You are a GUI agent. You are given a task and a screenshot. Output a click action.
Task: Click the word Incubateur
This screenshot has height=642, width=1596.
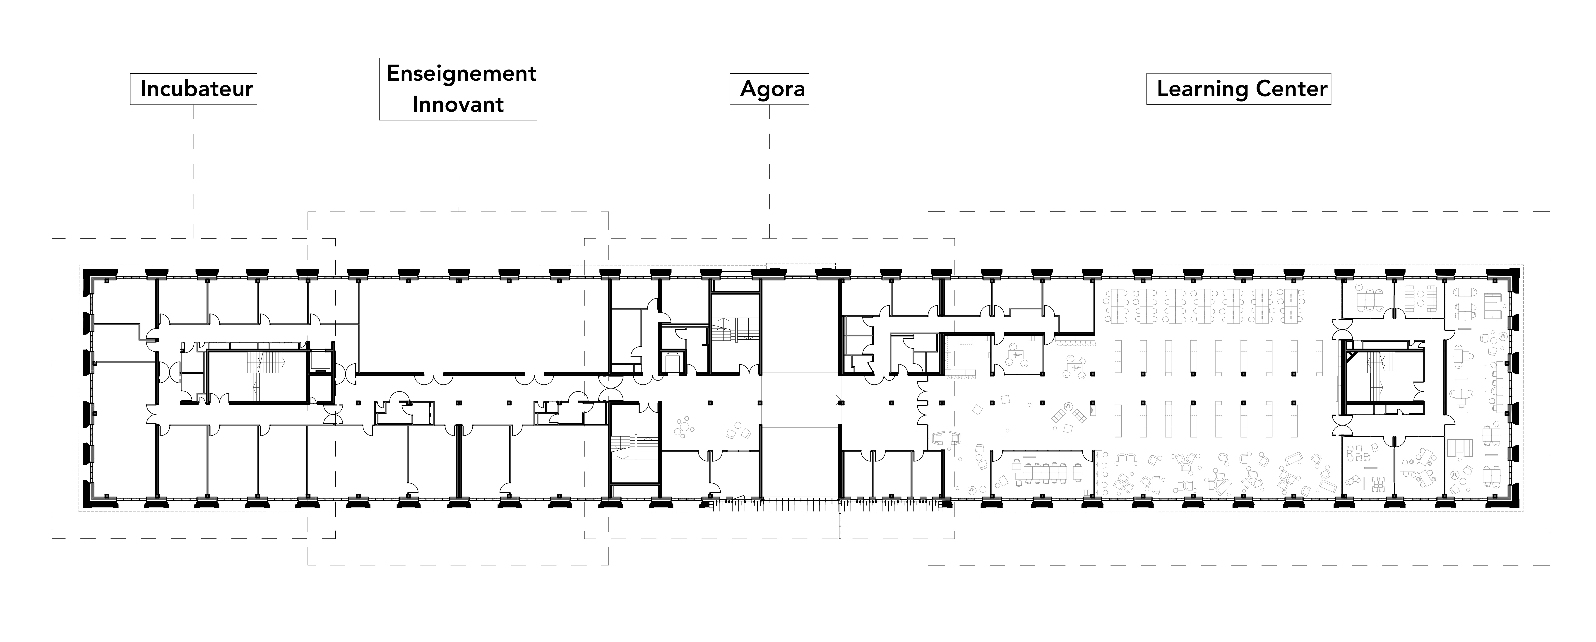[x=196, y=89]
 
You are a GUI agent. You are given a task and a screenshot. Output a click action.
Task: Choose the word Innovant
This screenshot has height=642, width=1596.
[x=458, y=104]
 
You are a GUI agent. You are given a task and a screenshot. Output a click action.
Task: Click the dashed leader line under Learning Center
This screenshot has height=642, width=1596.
[x=1239, y=158]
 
